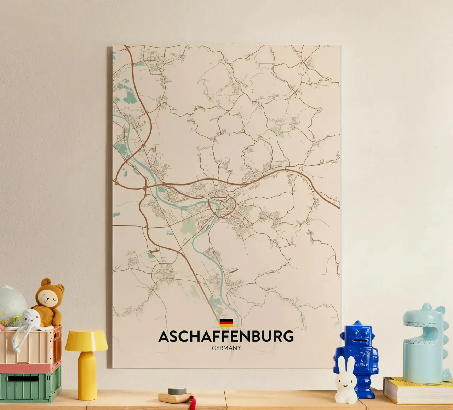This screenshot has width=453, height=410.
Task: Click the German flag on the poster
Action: click(x=226, y=322)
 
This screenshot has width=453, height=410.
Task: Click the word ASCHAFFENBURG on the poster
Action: click(x=226, y=336)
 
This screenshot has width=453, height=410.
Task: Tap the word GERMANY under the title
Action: click(x=226, y=348)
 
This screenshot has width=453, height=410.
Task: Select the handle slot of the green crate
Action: click(x=23, y=379)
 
